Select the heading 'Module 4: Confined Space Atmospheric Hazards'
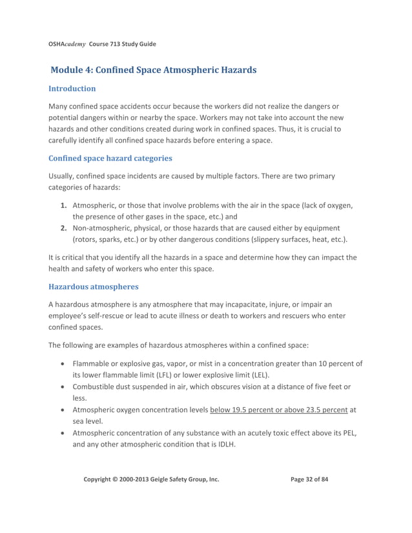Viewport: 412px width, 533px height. [x=153, y=69]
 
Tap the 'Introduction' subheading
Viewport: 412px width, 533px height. [x=72, y=88]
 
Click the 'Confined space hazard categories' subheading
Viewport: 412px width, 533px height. [x=110, y=158]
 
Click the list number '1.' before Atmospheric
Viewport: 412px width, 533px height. [x=64, y=205]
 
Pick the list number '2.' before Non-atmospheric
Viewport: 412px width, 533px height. [x=64, y=228]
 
